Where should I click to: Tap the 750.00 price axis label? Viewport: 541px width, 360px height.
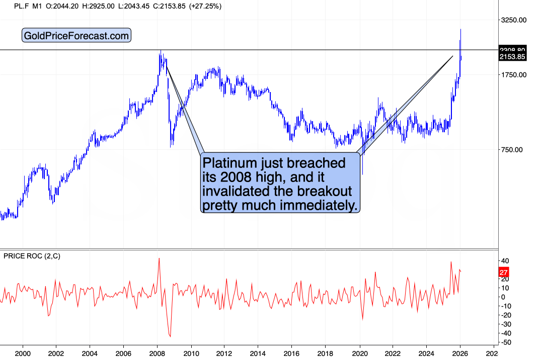[x=514, y=149]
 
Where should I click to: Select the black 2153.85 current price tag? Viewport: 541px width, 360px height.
[x=512, y=57]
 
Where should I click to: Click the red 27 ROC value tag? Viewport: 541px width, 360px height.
[x=504, y=273]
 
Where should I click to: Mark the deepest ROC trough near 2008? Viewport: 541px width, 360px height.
[x=170, y=336]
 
